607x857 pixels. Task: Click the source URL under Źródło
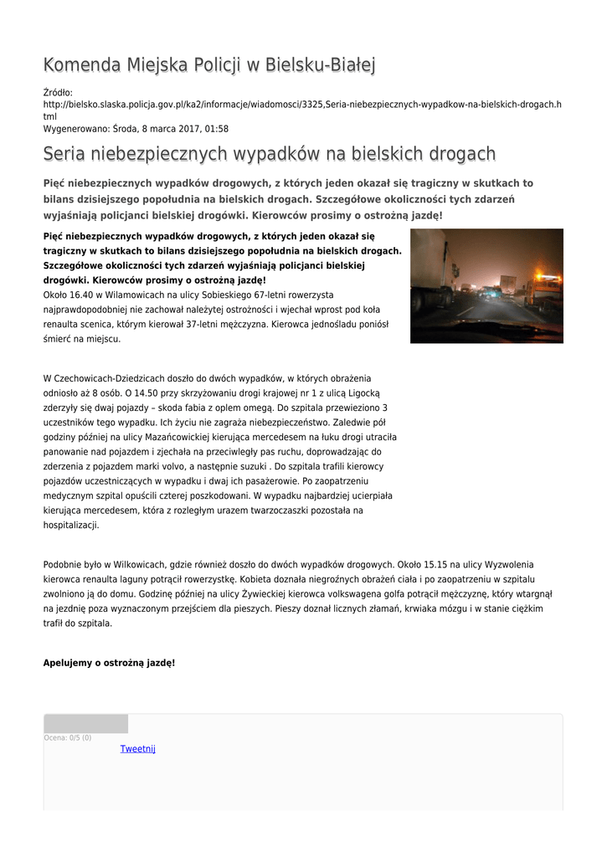tap(301, 104)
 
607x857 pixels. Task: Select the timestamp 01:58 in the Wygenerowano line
tap(217, 129)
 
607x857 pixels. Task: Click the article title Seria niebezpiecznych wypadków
tap(269, 154)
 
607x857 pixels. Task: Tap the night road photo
tap(486, 285)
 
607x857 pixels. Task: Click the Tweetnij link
tap(138, 748)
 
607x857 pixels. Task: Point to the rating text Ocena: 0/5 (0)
tap(68, 737)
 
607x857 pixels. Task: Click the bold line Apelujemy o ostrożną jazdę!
tap(109, 662)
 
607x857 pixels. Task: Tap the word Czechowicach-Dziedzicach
tap(112, 378)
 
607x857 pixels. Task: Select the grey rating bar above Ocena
tap(85, 724)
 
